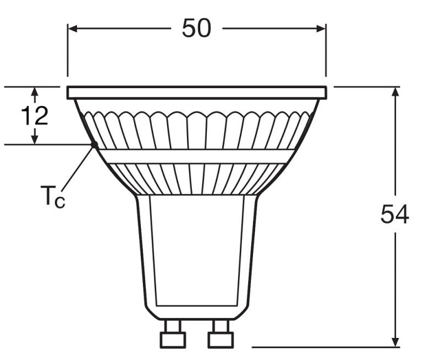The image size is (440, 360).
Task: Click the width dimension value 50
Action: tap(196, 28)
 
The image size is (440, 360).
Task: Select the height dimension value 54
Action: tap(394, 215)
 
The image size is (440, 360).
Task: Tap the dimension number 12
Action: tap(34, 116)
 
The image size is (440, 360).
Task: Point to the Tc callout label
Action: tap(52, 197)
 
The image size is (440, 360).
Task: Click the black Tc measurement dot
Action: tap(94, 145)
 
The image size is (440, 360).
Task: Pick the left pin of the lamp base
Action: tap(173, 335)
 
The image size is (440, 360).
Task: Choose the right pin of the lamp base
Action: tap(221, 335)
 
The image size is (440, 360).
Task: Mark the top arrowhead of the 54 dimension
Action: tap(395, 92)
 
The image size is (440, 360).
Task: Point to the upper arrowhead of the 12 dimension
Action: tap(35, 92)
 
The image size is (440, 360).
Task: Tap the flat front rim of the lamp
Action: tap(197, 92)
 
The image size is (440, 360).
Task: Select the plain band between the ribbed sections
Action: tap(196, 156)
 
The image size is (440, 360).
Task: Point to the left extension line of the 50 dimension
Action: tap(68, 52)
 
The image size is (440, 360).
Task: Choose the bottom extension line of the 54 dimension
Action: tap(324, 347)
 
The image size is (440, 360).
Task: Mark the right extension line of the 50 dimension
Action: tap(326, 52)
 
